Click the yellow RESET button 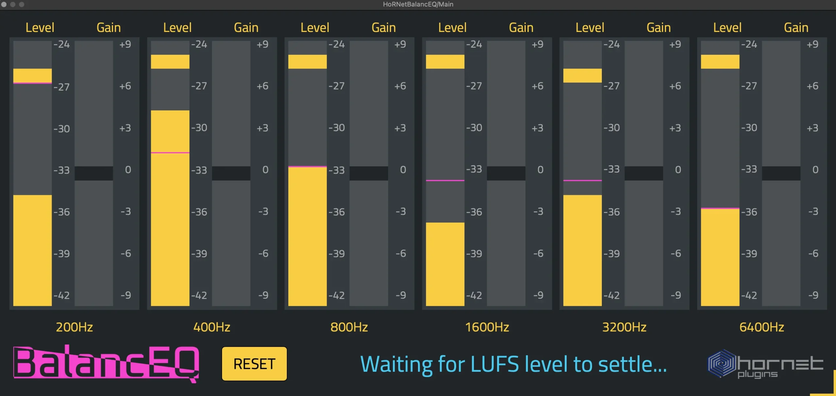pyautogui.click(x=254, y=364)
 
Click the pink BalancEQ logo pyautogui.click(x=106, y=363)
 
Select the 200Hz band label pyautogui.click(x=74, y=327)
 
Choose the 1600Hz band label pyautogui.click(x=487, y=327)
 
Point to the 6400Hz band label pyautogui.click(x=762, y=327)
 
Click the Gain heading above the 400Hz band pyautogui.click(x=246, y=28)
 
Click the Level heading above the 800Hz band pyautogui.click(x=315, y=28)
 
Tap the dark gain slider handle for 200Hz pyautogui.click(x=94, y=173)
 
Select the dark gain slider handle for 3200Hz pyautogui.click(x=644, y=173)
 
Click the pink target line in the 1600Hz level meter pyautogui.click(x=445, y=180)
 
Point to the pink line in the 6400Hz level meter pyautogui.click(x=720, y=208)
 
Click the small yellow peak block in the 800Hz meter pyautogui.click(x=307, y=62)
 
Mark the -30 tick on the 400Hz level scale pyautogui.click(x=199, y=128)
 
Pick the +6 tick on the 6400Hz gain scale pyautogui.click(x=812, y=86)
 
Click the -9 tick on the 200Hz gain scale pyautogui.click(x=126, y=295)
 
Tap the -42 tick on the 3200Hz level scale pyautogui.click(x=611, y=295)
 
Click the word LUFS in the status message pyautogui.click(x=494, y=364)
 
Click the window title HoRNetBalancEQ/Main pyautogui.click(x=418, y=4)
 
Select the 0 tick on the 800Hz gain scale pyautogui.click(x=403, y=170)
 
